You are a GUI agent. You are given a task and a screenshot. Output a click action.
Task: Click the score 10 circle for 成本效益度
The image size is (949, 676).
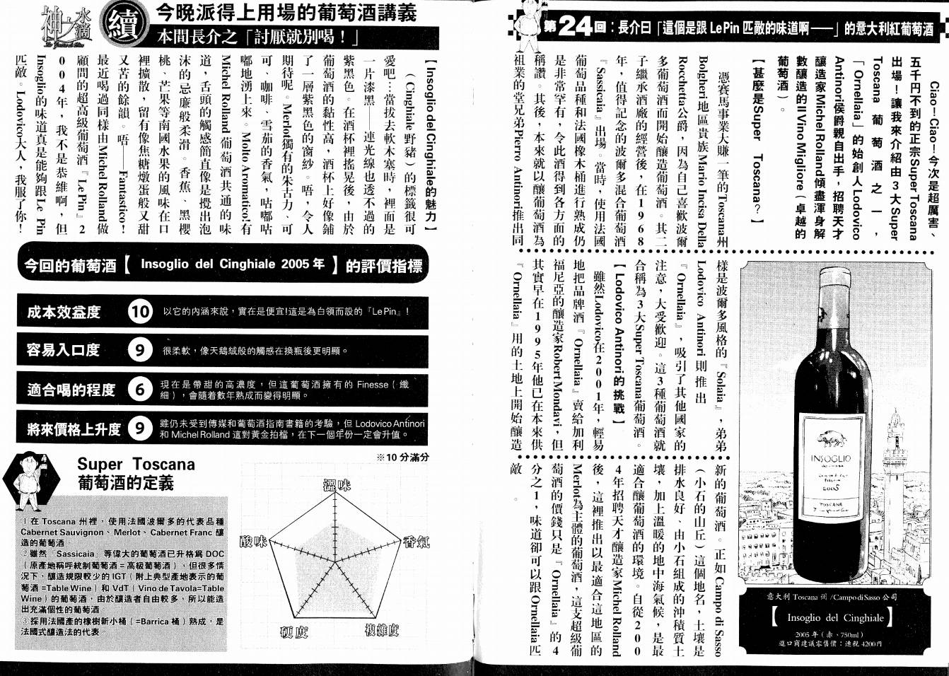coord(140,311)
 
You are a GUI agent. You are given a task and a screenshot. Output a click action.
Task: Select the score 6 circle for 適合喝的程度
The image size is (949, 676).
coord(140,389)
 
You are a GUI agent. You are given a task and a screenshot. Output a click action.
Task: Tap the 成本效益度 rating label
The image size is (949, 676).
coord(64,312)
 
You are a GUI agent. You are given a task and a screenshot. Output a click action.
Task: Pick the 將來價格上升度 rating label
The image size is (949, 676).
coord(74,429)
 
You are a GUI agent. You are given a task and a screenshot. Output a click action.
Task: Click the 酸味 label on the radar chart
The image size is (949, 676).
coord(254,541)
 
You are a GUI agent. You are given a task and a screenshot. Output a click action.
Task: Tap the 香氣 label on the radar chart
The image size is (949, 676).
coord(416,542)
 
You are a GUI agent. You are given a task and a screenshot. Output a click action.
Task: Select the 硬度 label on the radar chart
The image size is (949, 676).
coord(293,631)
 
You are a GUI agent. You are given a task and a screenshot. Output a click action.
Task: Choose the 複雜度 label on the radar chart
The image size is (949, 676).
coord(382,629)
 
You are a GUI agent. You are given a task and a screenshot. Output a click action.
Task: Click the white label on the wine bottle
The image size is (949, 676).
coord(830,464)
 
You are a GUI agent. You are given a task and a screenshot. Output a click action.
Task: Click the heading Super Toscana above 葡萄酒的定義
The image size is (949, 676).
coord(136,465)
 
